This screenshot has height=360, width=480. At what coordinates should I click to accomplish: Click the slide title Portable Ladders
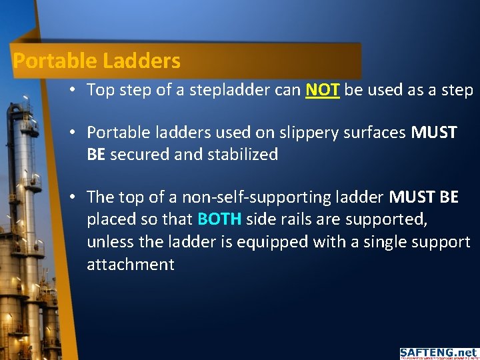coord(97,61)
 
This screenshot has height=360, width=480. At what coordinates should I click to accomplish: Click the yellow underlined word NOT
coord(323,90)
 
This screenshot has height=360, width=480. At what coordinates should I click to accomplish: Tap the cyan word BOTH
coord(220,219)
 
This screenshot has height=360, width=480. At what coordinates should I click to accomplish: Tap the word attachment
coord(131,264)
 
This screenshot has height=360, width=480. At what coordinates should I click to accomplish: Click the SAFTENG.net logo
coord(439,353)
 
